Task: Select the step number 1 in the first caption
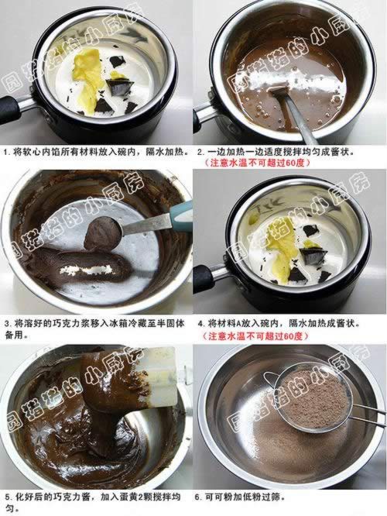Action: [6, 153]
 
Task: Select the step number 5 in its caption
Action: [6, 494]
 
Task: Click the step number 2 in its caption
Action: [199, 153]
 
